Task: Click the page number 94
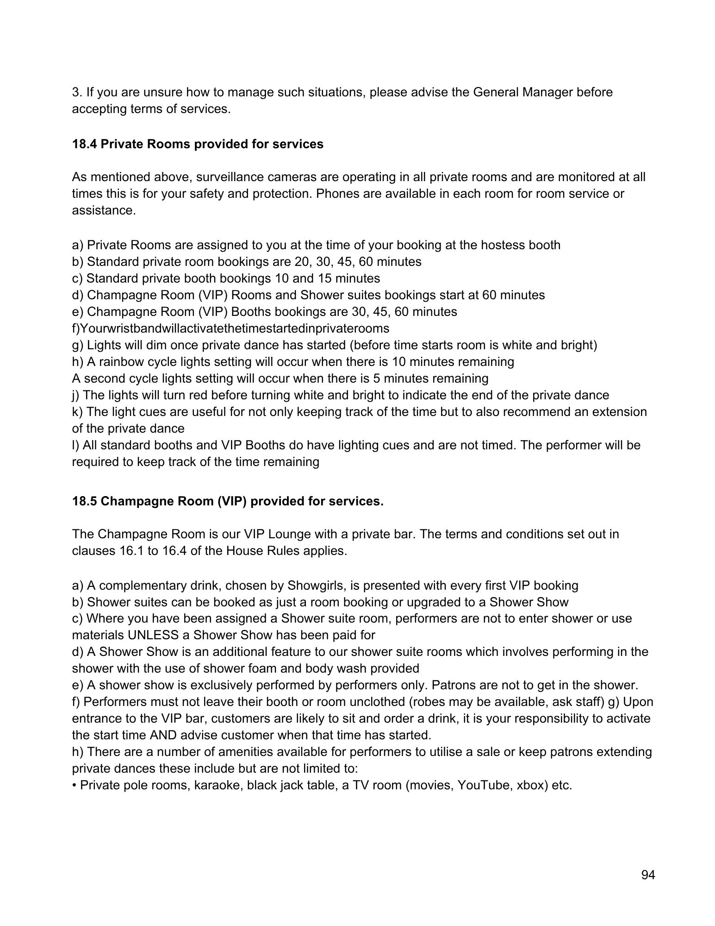[x=648, y=875]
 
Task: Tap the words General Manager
[x=522, y=92]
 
